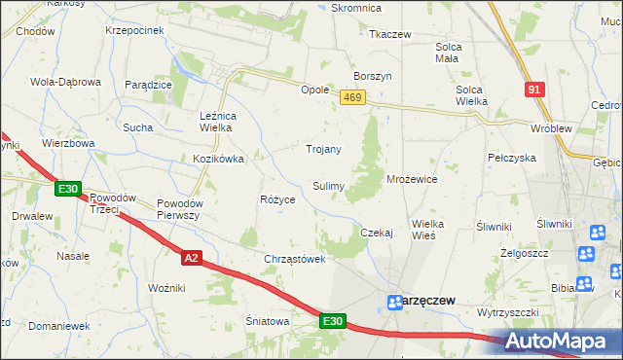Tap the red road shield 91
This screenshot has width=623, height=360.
click(x=534, y=89)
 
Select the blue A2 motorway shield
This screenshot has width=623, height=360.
click(x=191, y=257)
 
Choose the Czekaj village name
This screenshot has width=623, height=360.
click(x=376, y=233)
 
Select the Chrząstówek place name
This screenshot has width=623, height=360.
click(x=293, y=259)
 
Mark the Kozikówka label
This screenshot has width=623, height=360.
click(x=218, y=158)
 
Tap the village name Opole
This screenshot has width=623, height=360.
click(x=314, y=89)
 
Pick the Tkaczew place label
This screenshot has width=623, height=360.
click(x=389, y=34)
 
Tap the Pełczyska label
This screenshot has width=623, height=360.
click(x=512, y=157)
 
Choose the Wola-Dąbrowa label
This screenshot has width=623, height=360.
click(x=66, y=82)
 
